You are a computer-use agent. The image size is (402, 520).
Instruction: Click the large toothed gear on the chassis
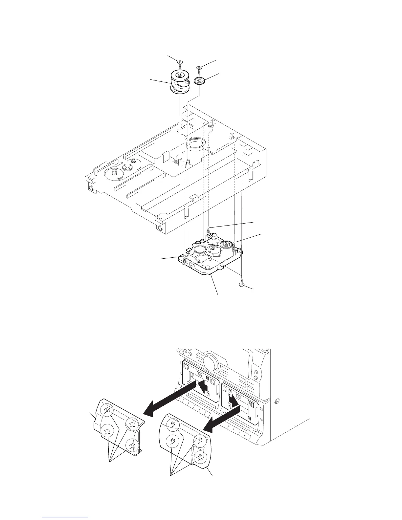114,173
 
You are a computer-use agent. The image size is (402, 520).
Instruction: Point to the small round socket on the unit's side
276,401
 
